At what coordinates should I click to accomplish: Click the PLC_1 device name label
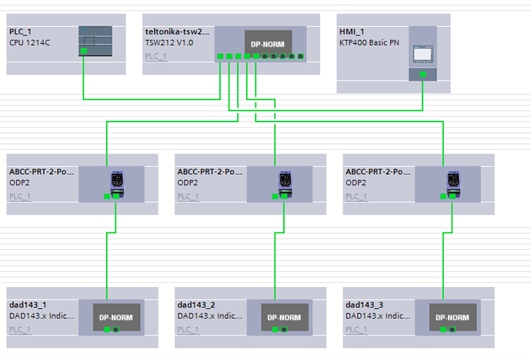20,32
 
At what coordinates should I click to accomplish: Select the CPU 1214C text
29,43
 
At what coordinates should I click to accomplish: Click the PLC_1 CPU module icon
95,41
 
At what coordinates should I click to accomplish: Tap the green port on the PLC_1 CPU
84,51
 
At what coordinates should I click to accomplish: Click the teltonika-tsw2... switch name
177,32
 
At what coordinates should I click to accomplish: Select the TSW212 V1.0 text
169,43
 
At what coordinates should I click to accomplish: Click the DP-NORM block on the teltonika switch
269,42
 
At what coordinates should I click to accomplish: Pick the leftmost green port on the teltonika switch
220,56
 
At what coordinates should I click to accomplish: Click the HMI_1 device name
352,32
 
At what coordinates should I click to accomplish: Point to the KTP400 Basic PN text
369,43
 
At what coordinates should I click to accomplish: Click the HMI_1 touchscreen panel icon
423,54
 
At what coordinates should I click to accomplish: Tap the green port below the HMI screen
423,74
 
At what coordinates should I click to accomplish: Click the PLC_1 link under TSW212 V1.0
155,56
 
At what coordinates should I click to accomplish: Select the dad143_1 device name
28,305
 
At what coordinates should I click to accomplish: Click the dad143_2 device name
196,305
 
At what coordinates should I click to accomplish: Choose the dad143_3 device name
364,305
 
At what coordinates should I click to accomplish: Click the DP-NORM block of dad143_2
285,317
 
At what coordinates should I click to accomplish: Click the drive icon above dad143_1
117,184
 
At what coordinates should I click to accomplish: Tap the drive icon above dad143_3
453,184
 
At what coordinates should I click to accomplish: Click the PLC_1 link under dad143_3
356,329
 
